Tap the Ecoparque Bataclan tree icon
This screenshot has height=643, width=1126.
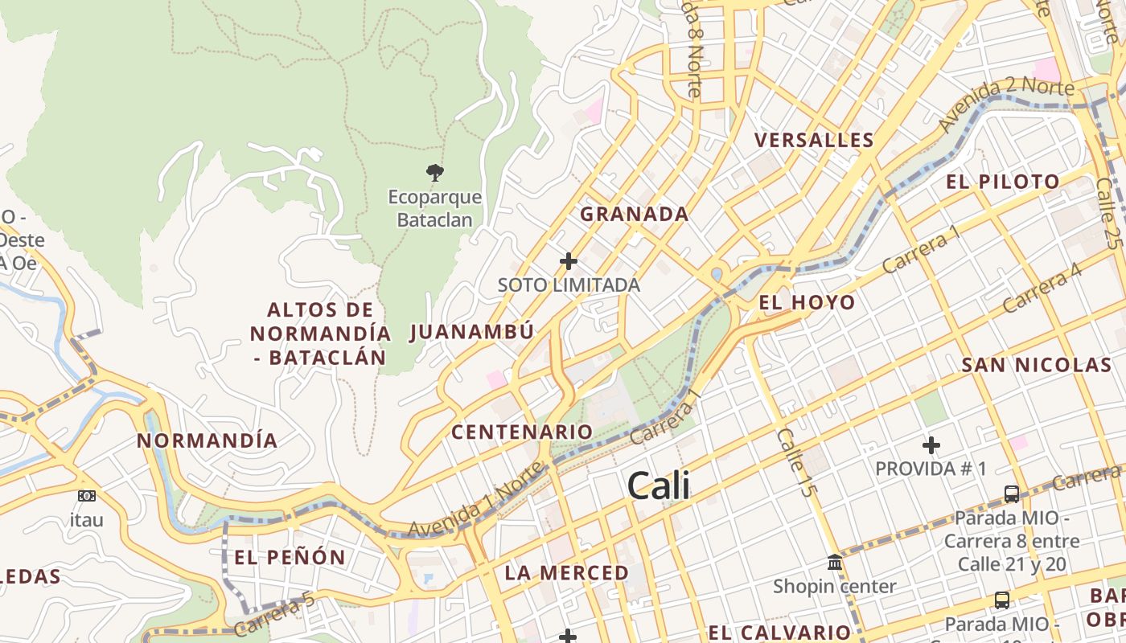tap(435, 172)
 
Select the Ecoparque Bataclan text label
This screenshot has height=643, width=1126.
tap(435, 208)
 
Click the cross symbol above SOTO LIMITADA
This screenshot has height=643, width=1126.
tap(569, 260)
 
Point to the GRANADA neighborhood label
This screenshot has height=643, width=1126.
tap(635, 215)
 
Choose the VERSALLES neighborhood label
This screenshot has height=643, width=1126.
tap(814, 141)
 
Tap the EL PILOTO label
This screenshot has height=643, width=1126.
tap(1003, 182)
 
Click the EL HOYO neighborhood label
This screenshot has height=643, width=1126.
tap(807, 303)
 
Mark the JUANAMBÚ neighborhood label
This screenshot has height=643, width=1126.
tap(472, 332)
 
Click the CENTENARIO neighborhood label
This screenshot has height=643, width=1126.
tap(522, 432)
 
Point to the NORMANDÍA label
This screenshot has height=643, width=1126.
tap(208, 440)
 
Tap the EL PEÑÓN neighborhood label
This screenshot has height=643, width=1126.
tap(290, 557)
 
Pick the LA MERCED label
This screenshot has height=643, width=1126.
tap(567, 573)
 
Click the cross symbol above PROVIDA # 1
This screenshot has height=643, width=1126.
tap(931, 444)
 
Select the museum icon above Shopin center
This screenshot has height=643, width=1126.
tap(835, 562)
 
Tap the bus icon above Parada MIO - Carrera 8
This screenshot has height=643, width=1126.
tap(1012, 494)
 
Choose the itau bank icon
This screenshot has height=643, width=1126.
tap(87, 496)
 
